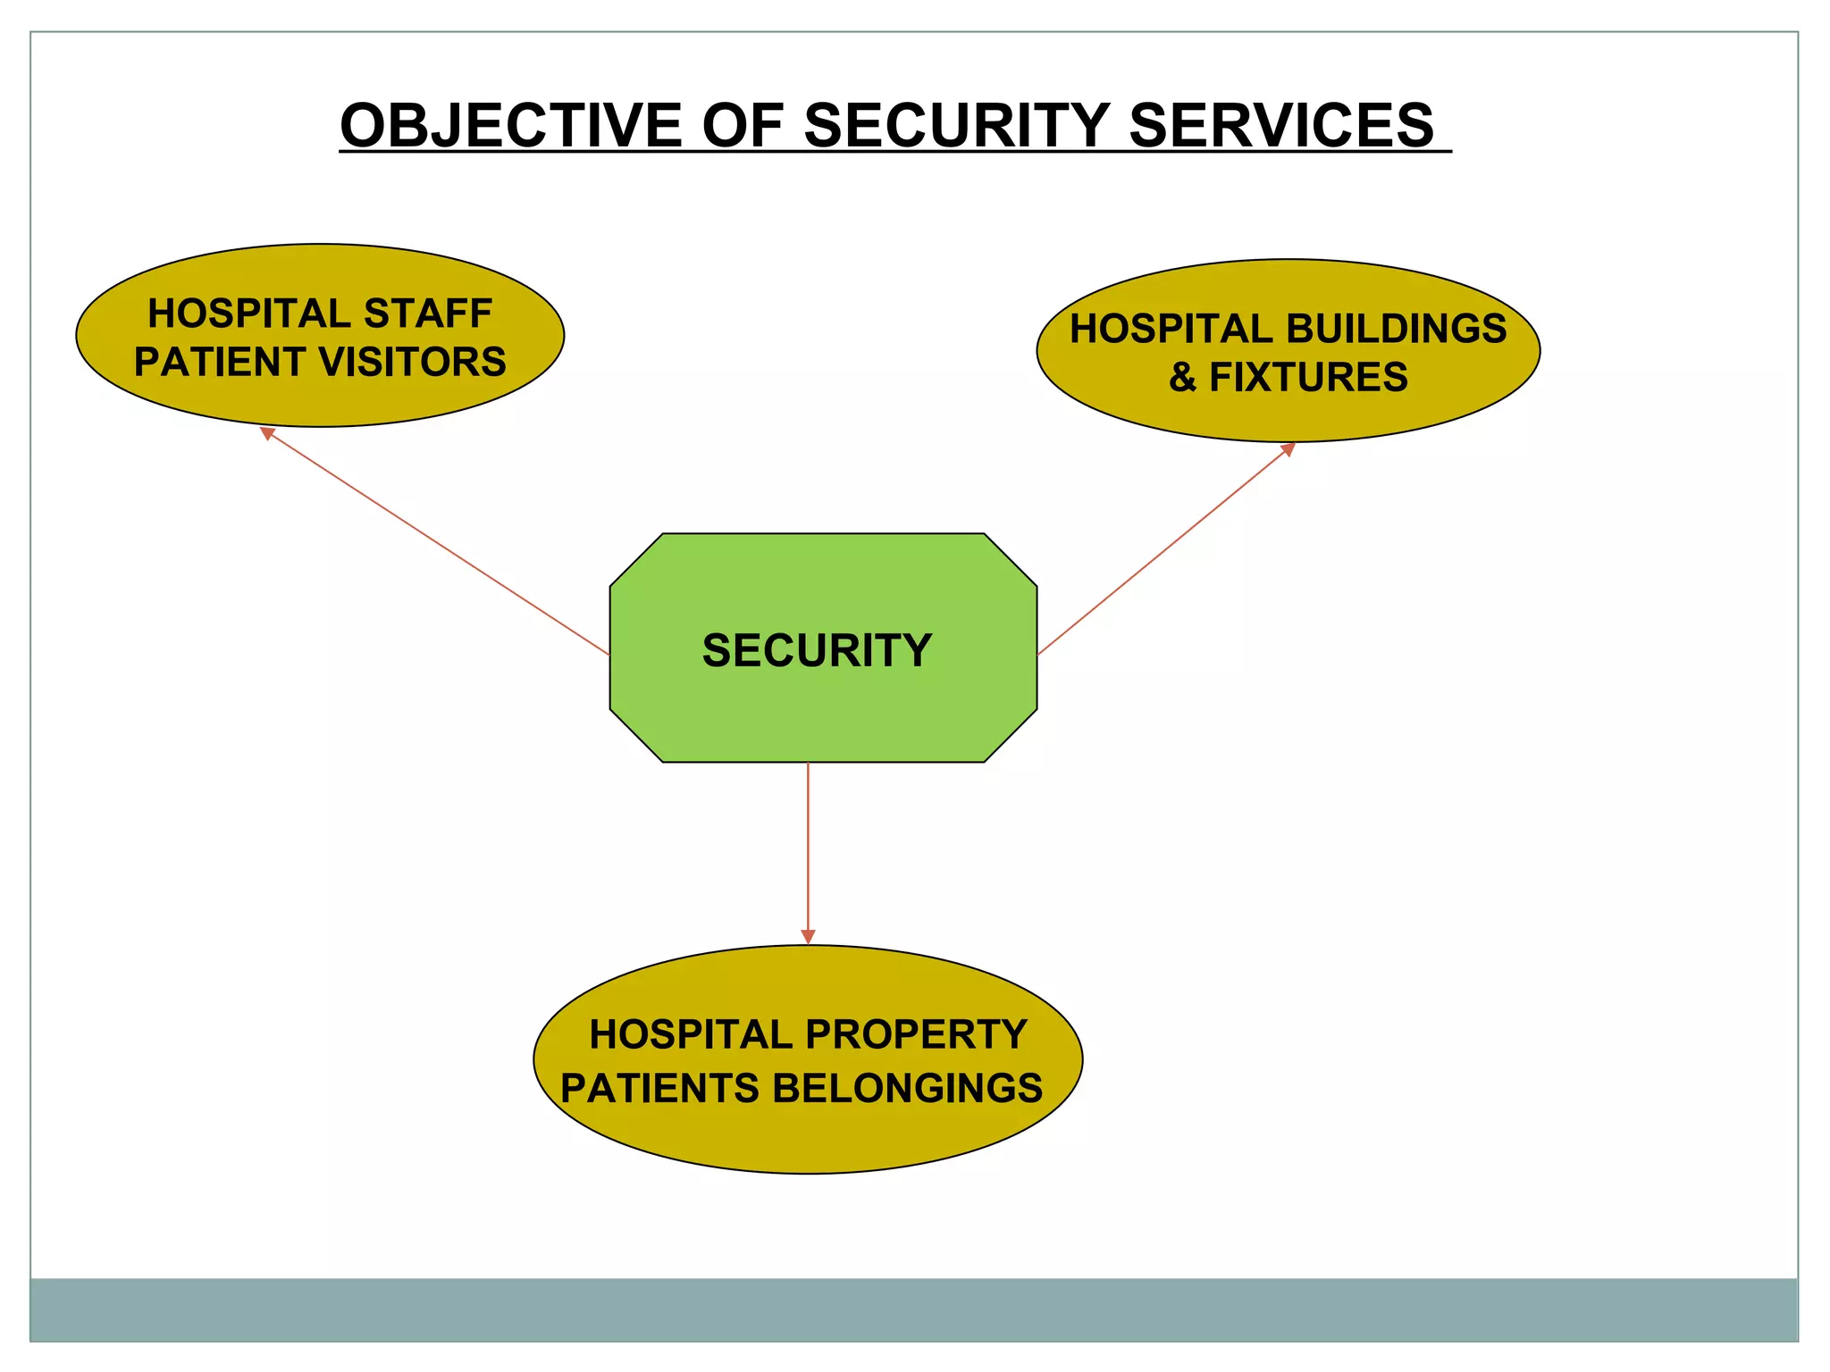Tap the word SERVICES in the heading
point(1280,125)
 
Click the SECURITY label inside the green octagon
point(817,650)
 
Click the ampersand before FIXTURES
point(1182,377)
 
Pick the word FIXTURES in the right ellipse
point(1308,377)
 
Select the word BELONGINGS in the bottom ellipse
point(907,1088)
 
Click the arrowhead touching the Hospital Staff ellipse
point(266,433)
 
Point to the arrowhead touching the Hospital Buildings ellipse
point(1289,448)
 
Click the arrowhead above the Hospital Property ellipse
point(808,936)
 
